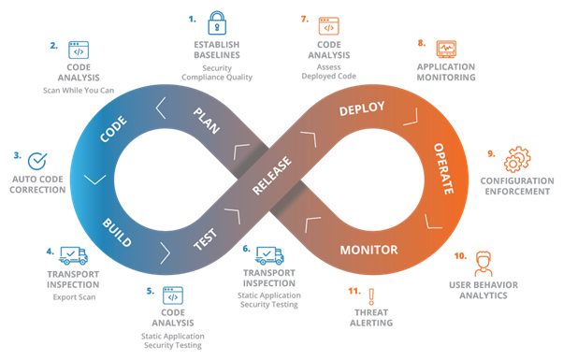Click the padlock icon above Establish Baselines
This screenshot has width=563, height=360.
click(216, 22)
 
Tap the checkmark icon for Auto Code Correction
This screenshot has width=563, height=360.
click(36, 160)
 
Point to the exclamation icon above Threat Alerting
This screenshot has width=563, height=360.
click(370, 295)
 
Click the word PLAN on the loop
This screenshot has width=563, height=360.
click(206, 120)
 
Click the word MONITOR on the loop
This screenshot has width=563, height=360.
click(368, 250)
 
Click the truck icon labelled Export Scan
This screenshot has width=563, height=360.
click(74, 255)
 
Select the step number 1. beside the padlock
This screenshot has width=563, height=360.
click(193, 18)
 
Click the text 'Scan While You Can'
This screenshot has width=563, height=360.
click(78, 91)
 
